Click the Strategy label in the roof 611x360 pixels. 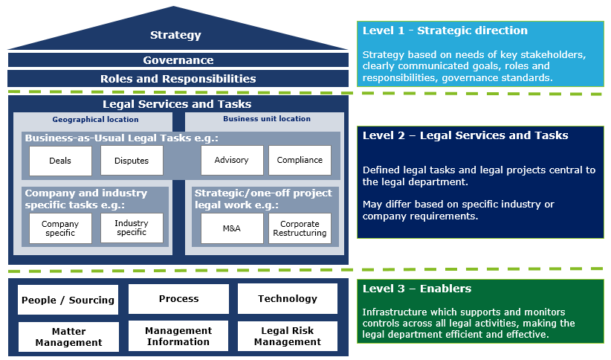pos(175,35)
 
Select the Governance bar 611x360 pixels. pos(178,60)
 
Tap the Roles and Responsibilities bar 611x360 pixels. pos(178,78)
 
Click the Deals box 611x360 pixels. pos(60,161)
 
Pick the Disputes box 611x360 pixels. pos(132,161)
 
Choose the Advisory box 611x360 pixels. pos(232,160)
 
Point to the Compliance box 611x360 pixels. pos(300,160)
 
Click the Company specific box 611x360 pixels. pos(60,228)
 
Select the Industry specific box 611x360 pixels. pos(132,228)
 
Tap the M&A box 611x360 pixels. pos(232,228)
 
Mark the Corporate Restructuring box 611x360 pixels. pos(300,228)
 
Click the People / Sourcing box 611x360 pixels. pos(68,300)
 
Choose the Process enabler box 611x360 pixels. pos(178,299)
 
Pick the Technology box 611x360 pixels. pos(288,299)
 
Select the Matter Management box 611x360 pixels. pos(68,337)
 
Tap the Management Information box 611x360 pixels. pos(178,336)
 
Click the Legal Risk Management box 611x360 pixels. pos(288,336)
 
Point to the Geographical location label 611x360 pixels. pos(95,119)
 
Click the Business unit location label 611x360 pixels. pos(267,119)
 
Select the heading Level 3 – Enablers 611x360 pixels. pos(417,289)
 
